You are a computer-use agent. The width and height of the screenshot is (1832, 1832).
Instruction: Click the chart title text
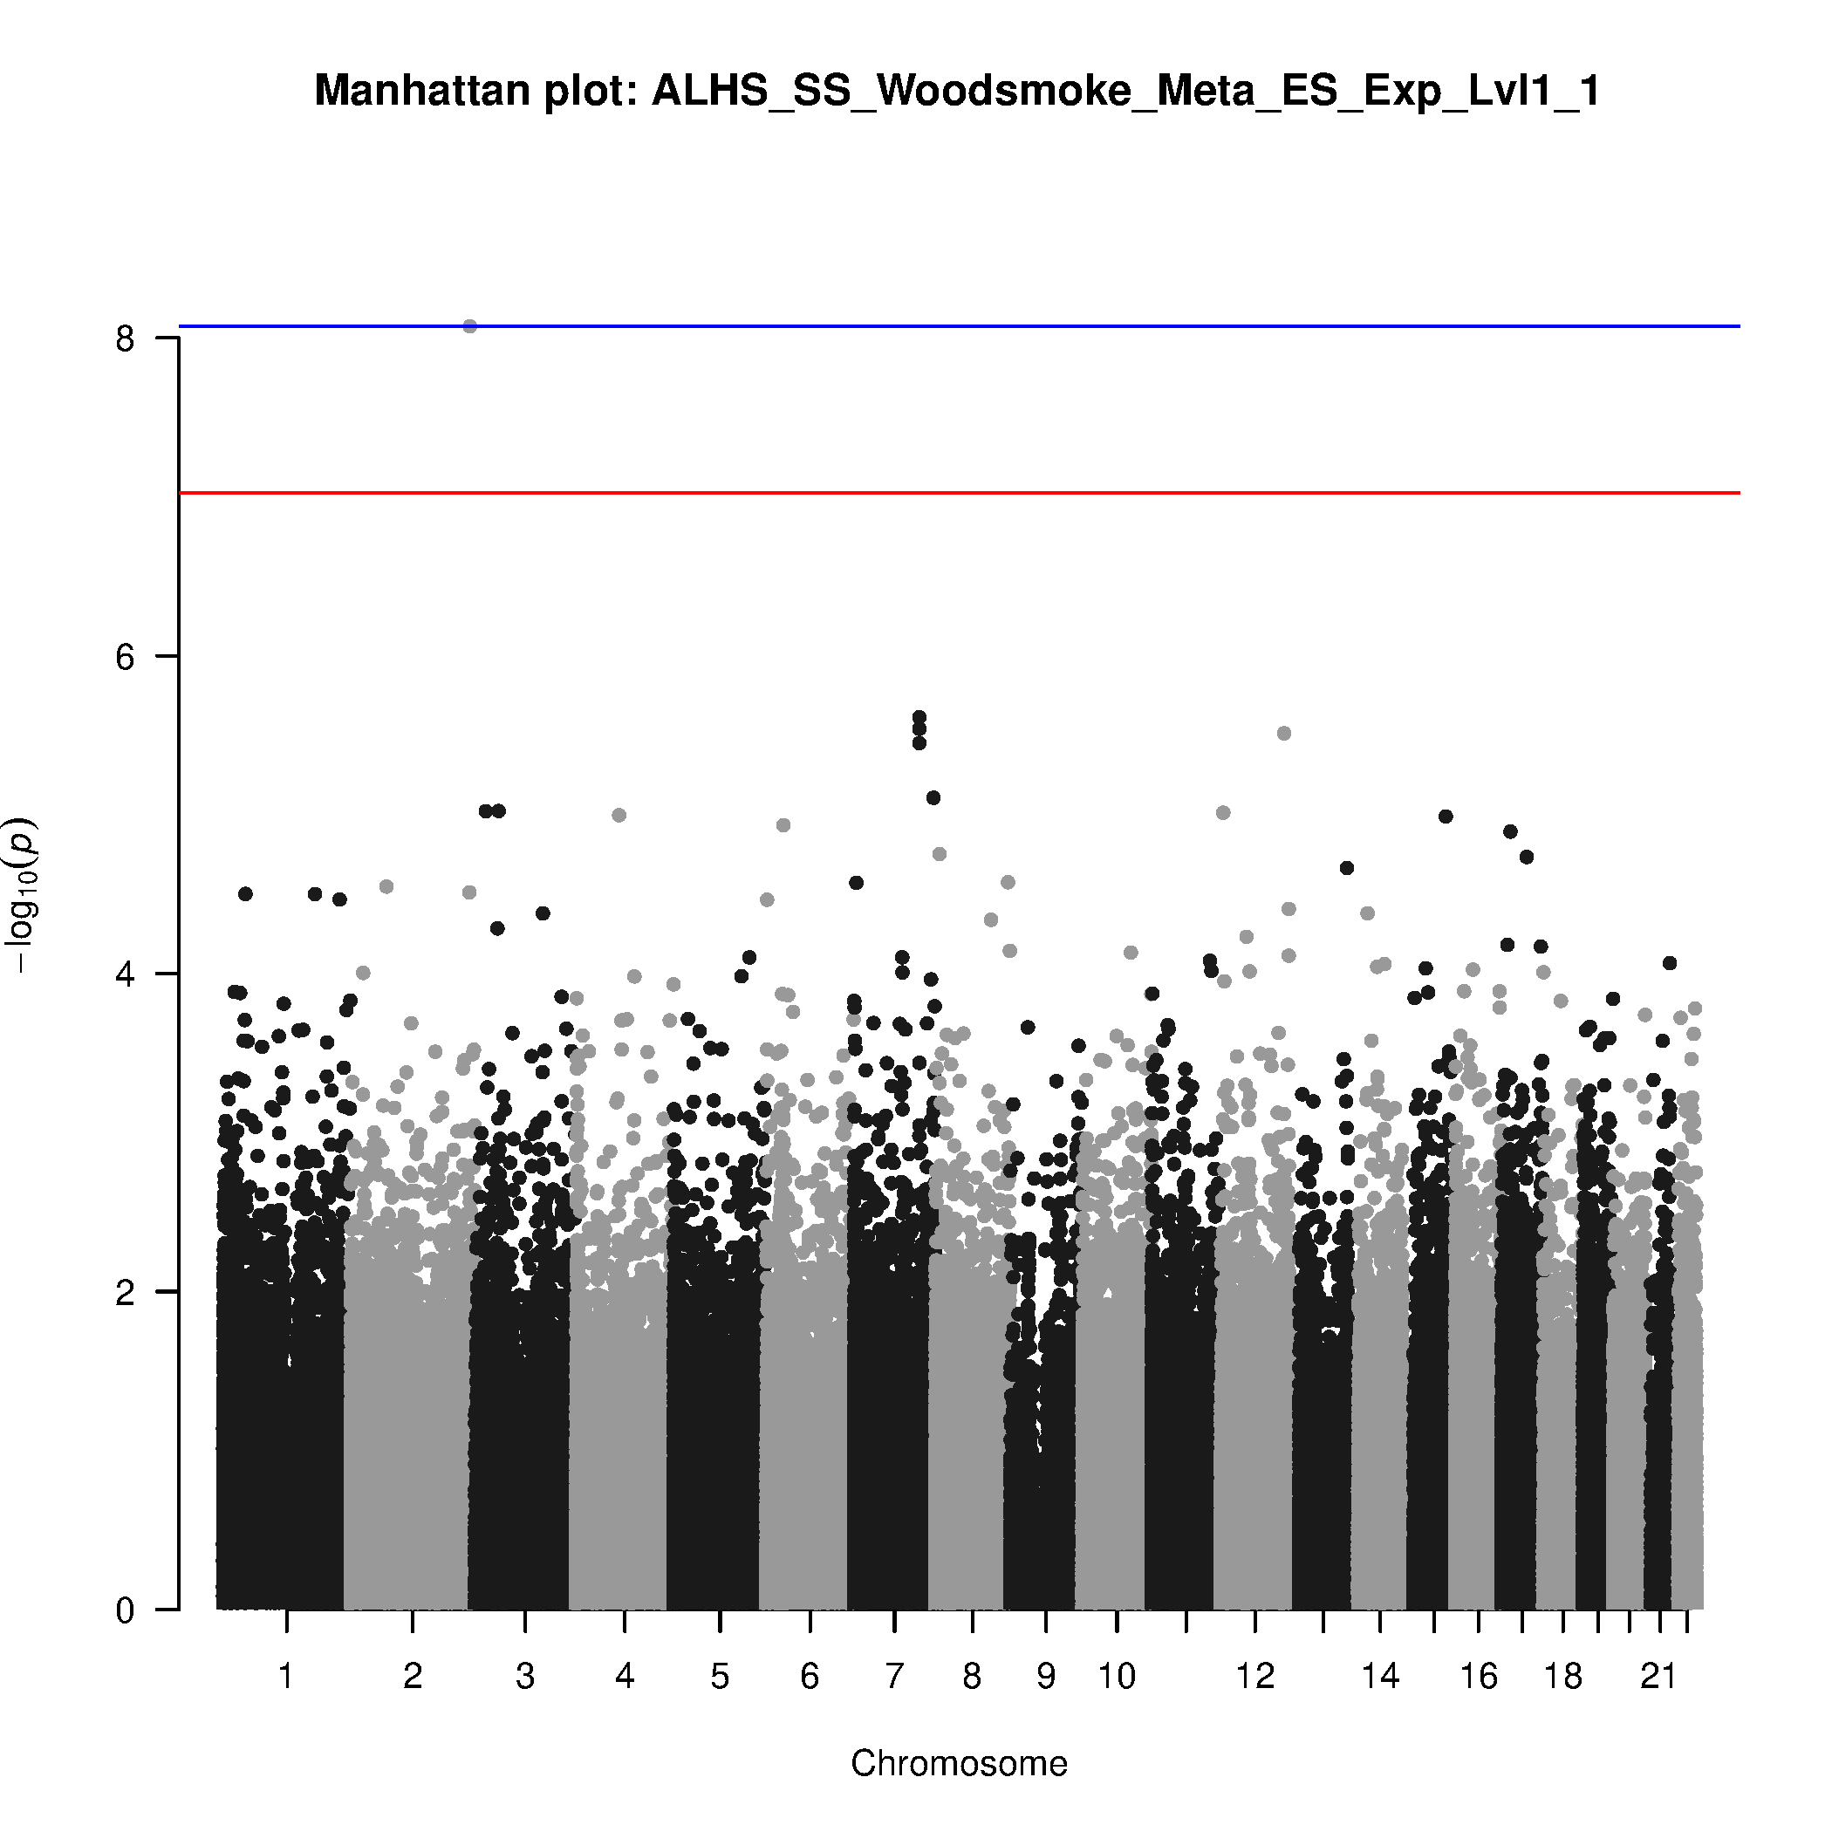(x=958, y=92)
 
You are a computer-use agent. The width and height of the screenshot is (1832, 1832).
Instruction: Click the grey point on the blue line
(x=469, y=326)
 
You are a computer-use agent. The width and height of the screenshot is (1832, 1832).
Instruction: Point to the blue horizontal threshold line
(x=1043, y=326)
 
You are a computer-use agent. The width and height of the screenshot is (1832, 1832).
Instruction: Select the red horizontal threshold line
(x=1043, y=493)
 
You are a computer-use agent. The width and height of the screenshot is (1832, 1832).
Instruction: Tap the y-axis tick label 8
(x=125, y=338)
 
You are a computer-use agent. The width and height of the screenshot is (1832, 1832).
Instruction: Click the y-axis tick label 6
(x=125, y=656)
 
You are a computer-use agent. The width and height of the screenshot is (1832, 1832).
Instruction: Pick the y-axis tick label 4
(x=125, y=974)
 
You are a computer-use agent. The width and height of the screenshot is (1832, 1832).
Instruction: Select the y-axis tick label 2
(x=125, y=1291)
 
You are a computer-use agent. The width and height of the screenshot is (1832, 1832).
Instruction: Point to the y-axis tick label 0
(x=125, y=1610)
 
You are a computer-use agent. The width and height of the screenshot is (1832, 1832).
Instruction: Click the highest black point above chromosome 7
(x=919, y=717)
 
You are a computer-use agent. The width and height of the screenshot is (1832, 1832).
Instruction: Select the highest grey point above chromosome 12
(x=1284, y=733)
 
